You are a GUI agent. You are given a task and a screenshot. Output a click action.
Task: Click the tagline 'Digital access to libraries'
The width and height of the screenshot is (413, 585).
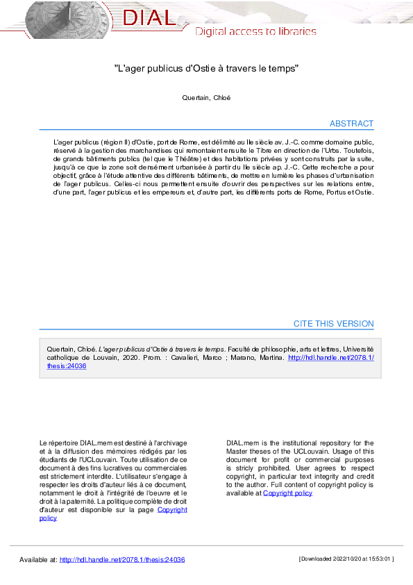pos(255,31)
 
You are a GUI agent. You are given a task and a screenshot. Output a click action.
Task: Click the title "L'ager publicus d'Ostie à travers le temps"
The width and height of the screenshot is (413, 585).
pos(206,69)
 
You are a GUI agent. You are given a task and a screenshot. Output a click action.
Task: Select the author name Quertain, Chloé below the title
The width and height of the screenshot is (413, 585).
pos(206,98)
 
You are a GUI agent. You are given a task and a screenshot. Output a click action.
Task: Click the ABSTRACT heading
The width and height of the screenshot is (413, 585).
pos(351,124)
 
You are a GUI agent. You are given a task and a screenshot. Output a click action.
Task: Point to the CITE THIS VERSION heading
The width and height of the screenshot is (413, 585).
pos(333,324)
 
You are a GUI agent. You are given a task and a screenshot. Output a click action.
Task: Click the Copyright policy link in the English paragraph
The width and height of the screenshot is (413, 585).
pos(287,493)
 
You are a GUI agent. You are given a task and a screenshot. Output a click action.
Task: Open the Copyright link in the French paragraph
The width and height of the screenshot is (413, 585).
pos(172,510)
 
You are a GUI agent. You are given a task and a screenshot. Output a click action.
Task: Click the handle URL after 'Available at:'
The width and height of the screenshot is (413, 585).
pos(122,559)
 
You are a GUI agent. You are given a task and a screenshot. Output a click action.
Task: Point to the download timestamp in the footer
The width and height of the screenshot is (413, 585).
pos(346,559)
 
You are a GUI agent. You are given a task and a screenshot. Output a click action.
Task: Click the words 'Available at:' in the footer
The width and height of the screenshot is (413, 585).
pos(38,559)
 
